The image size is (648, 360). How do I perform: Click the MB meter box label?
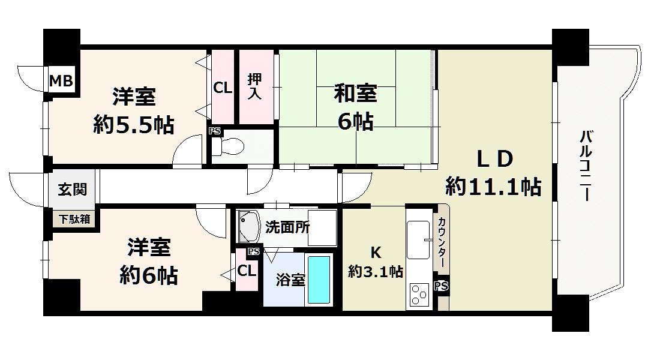(61, 80)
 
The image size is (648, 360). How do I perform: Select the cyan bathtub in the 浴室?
(319, 280)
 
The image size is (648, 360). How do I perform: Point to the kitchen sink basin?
(418, 240)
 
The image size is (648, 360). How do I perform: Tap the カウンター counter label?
(442, 242)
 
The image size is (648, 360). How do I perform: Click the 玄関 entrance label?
(73, 189)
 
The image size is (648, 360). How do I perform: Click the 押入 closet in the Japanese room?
(256, 87)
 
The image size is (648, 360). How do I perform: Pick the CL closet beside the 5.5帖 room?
(223, 87)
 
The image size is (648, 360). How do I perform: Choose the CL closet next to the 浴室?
(247, 271)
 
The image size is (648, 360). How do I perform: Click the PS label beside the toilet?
(214, 131)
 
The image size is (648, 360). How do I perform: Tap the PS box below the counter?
(442, 286)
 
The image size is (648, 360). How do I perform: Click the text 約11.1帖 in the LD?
(493, 187)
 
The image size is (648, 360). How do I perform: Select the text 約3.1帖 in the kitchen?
(376, 272)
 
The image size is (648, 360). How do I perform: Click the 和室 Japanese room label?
(355, 93)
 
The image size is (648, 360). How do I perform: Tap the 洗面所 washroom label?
(287, 227)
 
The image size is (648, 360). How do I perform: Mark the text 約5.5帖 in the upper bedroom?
(134, 125)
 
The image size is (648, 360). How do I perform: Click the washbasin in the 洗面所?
(248, 227)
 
